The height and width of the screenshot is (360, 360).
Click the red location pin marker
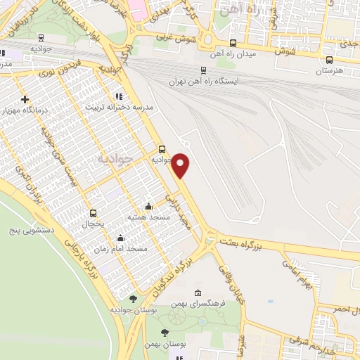181,165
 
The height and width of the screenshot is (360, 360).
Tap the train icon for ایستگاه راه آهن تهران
204,70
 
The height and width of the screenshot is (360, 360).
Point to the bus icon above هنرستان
330,60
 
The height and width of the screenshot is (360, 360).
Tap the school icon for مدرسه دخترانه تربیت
118,96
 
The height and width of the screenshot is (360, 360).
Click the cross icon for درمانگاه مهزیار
25,99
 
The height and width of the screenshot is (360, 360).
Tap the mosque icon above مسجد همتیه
148,207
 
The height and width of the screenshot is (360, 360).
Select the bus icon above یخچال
93,212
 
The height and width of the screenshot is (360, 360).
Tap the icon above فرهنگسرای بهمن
198,292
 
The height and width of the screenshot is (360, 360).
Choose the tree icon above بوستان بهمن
165,333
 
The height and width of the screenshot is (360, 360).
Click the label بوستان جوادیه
131,309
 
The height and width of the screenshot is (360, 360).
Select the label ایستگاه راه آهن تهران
204,82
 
